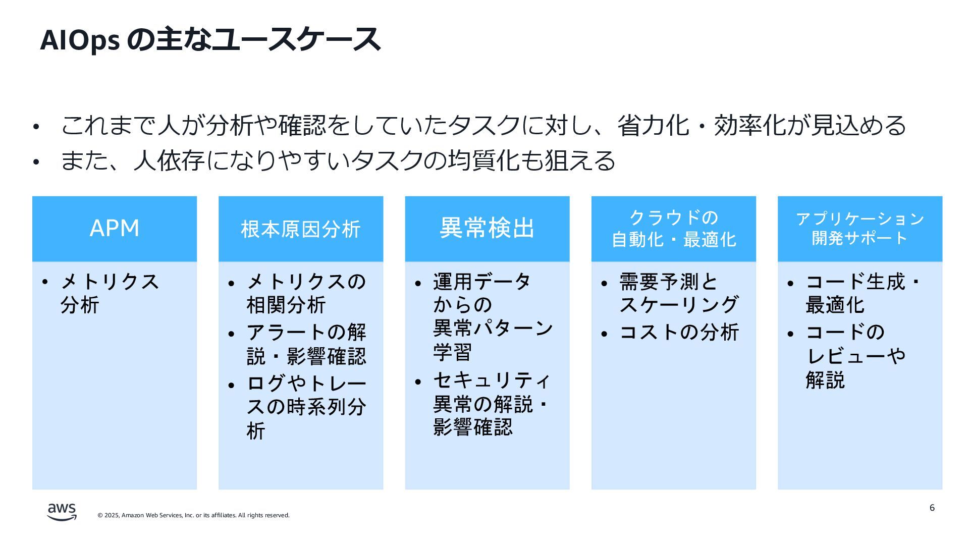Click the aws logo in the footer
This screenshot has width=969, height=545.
62,512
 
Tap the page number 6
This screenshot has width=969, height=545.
932,508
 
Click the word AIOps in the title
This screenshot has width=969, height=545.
80,40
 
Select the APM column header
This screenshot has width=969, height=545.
115,229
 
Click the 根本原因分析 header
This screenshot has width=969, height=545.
300,229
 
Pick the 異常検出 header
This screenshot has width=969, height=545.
487,228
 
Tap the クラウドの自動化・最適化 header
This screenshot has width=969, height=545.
673,229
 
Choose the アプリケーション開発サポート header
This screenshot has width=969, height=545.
859,229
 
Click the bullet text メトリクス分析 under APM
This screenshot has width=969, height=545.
109,293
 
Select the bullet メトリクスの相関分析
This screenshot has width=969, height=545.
306,293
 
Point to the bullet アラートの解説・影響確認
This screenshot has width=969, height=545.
306,344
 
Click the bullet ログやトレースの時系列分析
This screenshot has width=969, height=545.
306,407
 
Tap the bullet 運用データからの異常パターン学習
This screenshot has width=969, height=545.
492,317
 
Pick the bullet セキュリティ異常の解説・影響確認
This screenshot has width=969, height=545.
492,404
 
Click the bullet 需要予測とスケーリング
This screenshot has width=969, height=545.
678,293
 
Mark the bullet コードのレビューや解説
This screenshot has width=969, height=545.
855,356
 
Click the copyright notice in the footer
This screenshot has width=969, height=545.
193,515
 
